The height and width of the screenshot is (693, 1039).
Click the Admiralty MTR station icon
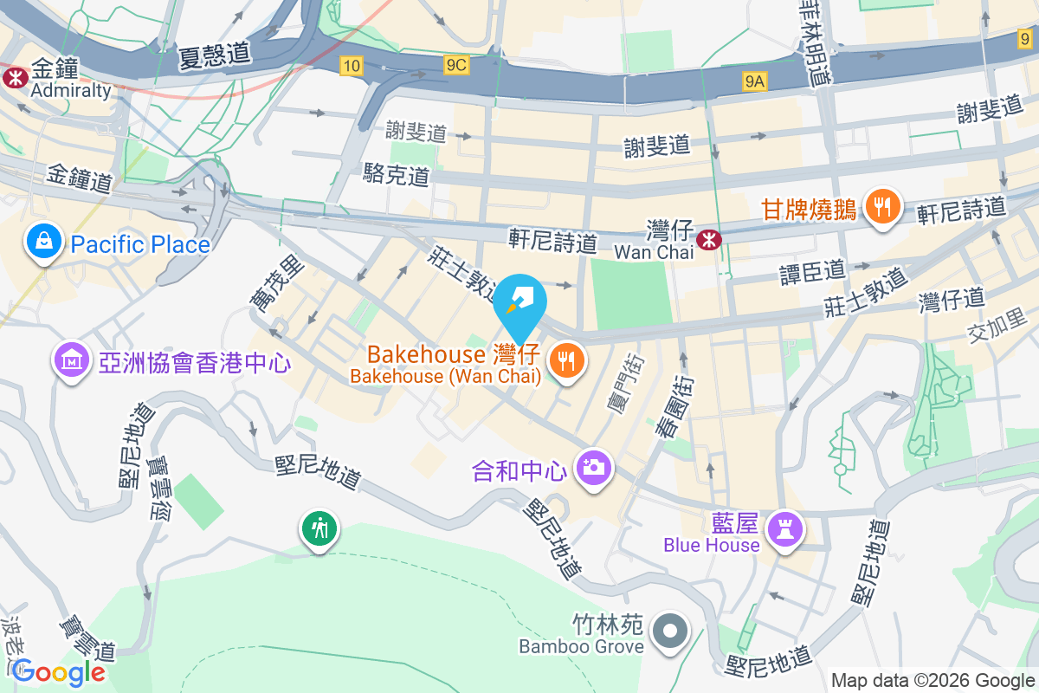15,77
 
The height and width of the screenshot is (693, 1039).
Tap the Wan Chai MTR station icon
709,239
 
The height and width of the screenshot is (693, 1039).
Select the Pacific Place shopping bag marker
42,243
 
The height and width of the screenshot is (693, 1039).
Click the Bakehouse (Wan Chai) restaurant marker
567,361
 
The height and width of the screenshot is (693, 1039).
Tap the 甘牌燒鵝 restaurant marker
881,208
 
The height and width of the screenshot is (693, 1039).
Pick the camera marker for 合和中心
594,469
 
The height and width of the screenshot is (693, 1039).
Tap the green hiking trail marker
320,527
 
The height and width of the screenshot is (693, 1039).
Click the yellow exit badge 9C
456,65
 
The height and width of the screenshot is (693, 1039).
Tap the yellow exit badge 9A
755,81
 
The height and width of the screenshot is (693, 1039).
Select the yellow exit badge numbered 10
351,65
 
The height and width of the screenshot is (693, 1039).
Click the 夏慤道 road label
215,55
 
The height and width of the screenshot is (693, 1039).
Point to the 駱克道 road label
396,176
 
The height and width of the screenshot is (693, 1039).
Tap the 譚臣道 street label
812,271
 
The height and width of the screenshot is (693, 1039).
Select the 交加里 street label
996,331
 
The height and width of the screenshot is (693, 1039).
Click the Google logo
59,671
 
